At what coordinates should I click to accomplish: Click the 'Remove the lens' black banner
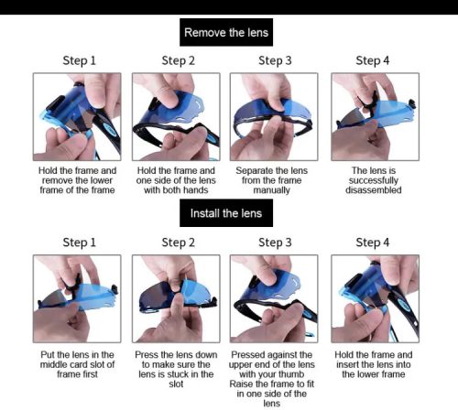[x=226, y=32]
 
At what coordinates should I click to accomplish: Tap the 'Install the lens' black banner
[x=226, y=213]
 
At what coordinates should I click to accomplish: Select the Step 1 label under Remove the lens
[x=80, y=60]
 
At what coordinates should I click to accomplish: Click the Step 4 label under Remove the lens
[x=373, y=60]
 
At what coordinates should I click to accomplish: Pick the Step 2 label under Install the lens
[x=179, y=243]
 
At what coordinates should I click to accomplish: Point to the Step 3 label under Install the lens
[x=275, y=243]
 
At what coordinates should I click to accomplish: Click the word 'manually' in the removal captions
[x=271, y=190]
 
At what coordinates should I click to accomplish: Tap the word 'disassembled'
[x=374, y=190]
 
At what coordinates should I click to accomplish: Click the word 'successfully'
[x=374, y=180]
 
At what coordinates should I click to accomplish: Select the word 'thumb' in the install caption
[x=292, y=374]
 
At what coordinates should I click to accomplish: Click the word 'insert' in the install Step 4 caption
[x=347, y=364]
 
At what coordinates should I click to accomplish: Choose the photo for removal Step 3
[x=274, y=116]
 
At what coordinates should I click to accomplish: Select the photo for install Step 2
[x=176, y=298]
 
